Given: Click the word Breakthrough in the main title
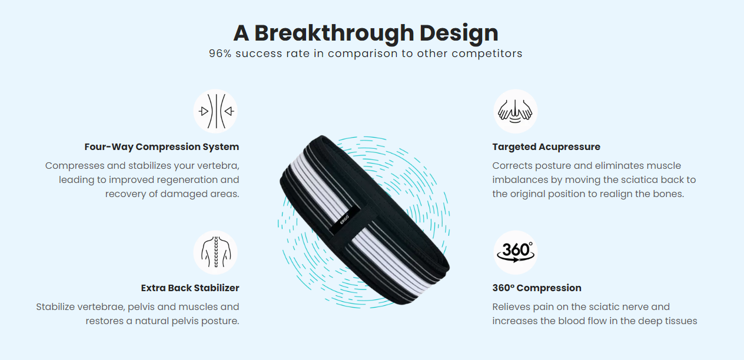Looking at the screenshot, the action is point(334,34).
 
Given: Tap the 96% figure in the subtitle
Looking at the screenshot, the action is point(220,54).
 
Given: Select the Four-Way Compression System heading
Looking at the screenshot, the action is point(162,146).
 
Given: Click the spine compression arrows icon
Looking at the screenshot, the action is point(215,111).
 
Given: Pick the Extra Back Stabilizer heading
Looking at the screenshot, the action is point(190,288).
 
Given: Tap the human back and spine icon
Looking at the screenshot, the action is point(215,252).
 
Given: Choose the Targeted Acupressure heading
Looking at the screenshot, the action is point(546,146).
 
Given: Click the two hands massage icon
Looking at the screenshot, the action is point(516,111).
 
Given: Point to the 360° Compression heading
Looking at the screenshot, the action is point(537,288).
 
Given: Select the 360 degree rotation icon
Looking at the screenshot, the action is point(516,252).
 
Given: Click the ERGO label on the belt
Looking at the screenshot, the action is point(344,219).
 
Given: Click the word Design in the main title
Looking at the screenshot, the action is point(459,34).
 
